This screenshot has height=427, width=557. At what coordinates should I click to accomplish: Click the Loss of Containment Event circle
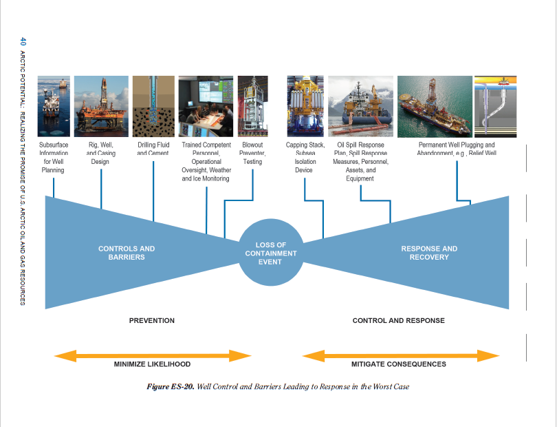pos(270,253)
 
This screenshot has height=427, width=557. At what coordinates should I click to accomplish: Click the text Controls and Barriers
pos(127,253)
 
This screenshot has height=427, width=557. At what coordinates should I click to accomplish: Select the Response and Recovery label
pos(429,253)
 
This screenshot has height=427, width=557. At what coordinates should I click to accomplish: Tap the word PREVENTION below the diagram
pos(152,320)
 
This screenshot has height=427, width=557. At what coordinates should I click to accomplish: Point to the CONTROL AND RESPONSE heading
pos(398,320)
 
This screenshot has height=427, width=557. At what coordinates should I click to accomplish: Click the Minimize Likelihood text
pos(152,364)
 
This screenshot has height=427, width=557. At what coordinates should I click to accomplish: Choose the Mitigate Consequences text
pos(398,364)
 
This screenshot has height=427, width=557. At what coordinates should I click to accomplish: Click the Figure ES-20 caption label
pos(171,386)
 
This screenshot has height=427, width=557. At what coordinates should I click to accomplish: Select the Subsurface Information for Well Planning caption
pos(54,157)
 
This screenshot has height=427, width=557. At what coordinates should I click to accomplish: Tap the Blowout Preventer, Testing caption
pos(252,153)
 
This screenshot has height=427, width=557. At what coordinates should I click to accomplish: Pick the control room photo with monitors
pos(206,106)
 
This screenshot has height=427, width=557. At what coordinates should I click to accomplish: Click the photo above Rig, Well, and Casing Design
pos(101,106)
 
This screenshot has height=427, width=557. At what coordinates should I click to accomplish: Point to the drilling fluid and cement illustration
pos(153,106)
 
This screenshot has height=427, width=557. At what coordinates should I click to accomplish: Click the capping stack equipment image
pos(304,106)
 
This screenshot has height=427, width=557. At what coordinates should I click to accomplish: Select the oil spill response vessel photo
pos(360,106)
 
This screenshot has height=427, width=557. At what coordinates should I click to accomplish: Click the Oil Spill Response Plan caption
pos(360,162)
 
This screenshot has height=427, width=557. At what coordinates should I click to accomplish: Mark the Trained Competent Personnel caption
pos(206,162)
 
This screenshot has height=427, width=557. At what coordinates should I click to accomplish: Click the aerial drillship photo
pos(435,106)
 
